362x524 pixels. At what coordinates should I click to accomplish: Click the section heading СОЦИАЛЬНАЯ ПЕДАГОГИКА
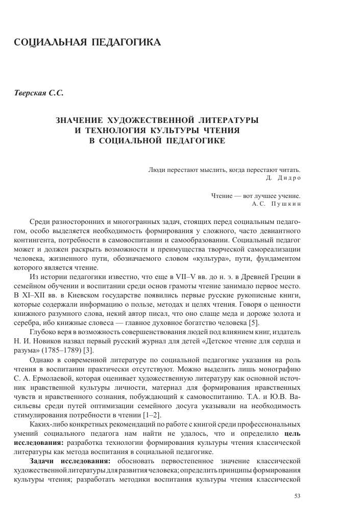point(87,42)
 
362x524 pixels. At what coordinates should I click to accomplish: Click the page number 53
point(298,495)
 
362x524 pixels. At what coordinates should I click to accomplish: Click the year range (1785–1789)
point(67,349)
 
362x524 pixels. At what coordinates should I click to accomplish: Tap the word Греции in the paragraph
point(284,278)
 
